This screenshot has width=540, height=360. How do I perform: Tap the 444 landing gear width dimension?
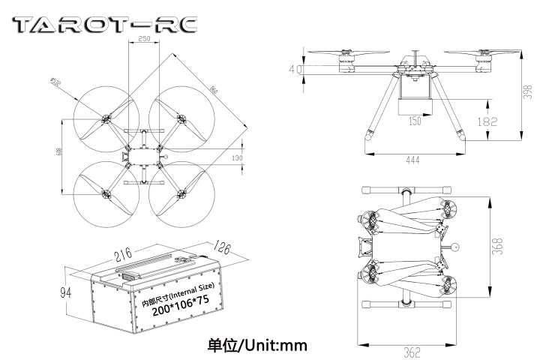tap(413, 160)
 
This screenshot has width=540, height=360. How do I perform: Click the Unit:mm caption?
tap(257, 346)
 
